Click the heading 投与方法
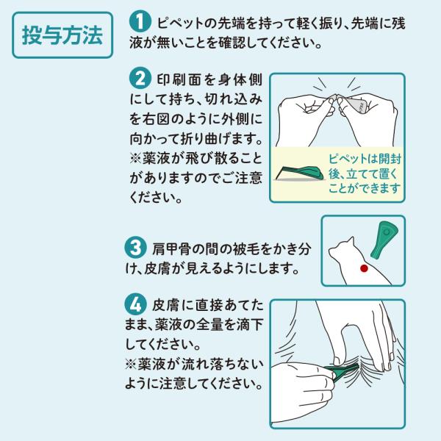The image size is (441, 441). point(62,35)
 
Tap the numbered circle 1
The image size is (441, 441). point(140,21)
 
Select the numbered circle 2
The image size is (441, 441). point(140,79)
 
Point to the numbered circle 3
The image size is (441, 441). point(135,247)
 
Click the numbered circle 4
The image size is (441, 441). point(135,304)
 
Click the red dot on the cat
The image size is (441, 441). point(364,268)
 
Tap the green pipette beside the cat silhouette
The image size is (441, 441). point(384,240)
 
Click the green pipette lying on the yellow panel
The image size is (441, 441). point(300,173)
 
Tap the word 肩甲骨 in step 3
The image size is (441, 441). point(168,249)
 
